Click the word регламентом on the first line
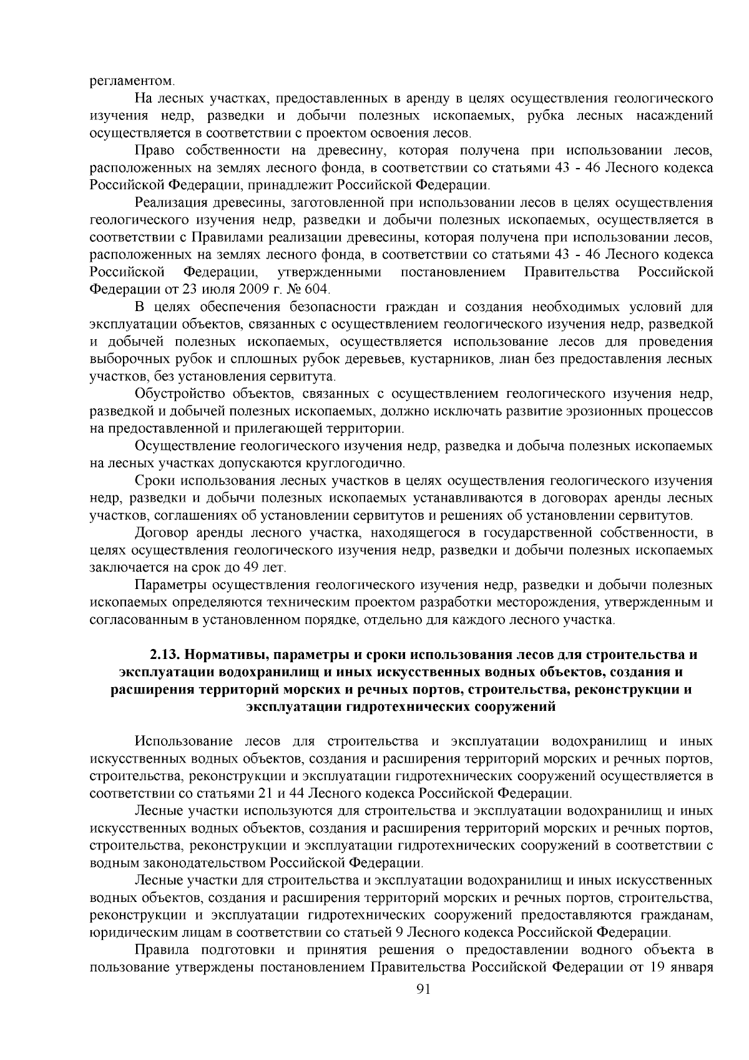pyautogui.click(x=129, y=81)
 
